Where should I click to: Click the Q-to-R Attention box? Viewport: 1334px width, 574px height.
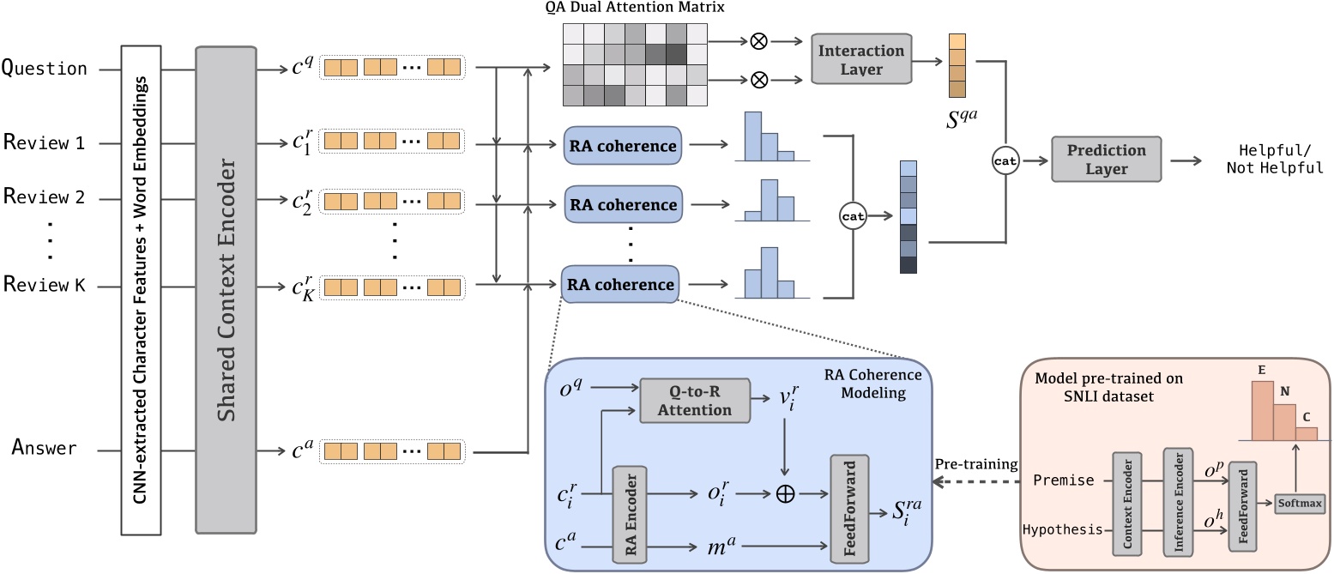coord(695,400)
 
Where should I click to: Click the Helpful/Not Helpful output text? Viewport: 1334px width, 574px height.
coord(1273,158)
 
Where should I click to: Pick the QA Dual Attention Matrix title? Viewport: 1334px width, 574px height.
coord(634,9)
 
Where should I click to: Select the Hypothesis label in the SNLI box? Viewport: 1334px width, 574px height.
coord(1062,529)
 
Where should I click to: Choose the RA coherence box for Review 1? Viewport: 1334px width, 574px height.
coord(622,146)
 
